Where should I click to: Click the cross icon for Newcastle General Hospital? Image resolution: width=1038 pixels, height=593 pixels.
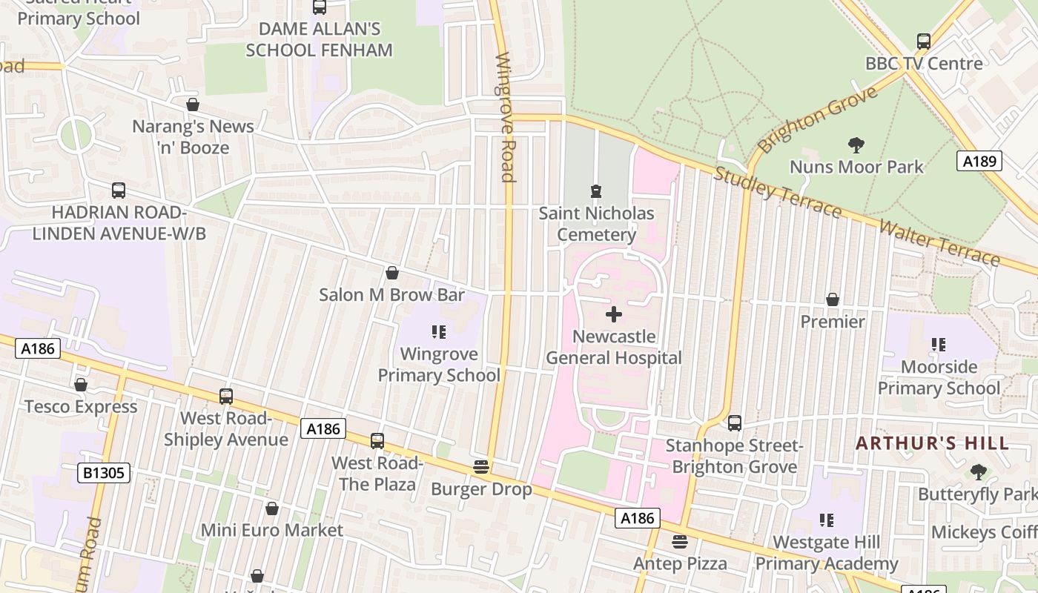click(x=614, y=314)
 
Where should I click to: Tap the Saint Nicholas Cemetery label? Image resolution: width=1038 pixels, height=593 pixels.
click(x=596, y=224)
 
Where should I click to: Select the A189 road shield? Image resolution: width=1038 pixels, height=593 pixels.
click(x=979, y=161)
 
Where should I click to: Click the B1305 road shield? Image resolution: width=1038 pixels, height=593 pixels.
click(x=104, y=472)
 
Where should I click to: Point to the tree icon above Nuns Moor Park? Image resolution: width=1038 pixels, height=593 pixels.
click(x=856, y=145)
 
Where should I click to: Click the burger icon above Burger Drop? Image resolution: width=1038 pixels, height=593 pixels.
click(x=481, y=467)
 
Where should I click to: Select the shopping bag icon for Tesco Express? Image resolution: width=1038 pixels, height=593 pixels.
click(x=81, y=385)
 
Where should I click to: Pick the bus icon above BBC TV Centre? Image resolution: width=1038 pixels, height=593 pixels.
click(x=923, y=42)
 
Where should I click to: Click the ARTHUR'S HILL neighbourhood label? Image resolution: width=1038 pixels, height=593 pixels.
click(x=932, y=443)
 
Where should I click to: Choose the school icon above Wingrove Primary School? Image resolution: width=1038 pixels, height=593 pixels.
click(x=439, y=332)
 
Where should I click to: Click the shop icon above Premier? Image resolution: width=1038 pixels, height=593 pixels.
click(x=833, y=299)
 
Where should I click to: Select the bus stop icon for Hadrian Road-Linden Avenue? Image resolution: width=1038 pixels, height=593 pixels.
click(x=119, y=191)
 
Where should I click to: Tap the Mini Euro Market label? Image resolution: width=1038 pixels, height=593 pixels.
click(x=272, y=530)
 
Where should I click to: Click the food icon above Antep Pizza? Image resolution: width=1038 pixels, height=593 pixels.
click(x=680, y=542)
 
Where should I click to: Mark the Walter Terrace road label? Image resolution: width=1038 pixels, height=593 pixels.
click(x=939, y=242)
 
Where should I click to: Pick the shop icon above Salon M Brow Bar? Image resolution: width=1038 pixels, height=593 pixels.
click(x=392, y=273)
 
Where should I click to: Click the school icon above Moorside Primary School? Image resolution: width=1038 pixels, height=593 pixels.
click(x=939, y=345)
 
